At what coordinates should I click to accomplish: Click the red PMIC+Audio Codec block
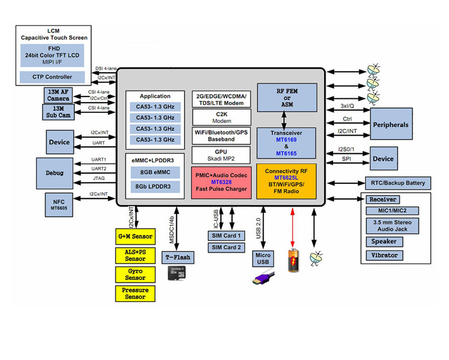222,181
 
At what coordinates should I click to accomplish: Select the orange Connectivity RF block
286,181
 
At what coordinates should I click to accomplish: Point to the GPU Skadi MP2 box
222,154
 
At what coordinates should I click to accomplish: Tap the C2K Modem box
222,118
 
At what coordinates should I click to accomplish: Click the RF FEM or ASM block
286,97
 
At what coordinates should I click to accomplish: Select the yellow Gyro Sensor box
135,275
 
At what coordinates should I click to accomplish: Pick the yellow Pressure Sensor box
135,293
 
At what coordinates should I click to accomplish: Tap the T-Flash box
178,257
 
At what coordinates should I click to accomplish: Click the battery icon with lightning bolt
292,259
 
